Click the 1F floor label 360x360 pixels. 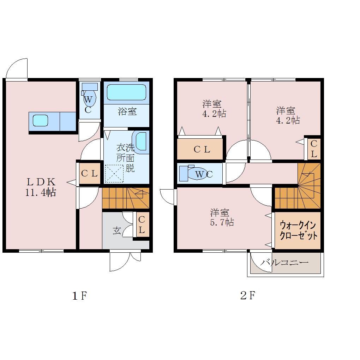pyautogui.click(x=79, y=296)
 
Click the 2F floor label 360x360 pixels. pyautogui.click(x=247, y=295)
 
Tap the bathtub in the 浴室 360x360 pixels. pyautogui.click(x=126, y=92)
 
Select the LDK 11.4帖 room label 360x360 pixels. pyautogui.click(x=41, y=187)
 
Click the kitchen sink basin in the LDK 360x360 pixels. pyautogui.click(x=40, y=121)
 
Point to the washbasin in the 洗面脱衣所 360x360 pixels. pyautogui.click(x=140, y=142)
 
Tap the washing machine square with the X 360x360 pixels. pyautogui.click(x=114, y=174)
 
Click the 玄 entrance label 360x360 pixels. pyautogui.click(x=117, y=231)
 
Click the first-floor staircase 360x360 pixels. pyautogui.click(x=126, y=198)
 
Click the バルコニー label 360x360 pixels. pyautogui.click(x=284, y=262)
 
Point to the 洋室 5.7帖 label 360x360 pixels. pyautogui.click(x=222, y=217)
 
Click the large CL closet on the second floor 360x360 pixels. pyautogui.click(x=200, y=149)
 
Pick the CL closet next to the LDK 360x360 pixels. pyautogui.click(x=90, y=173)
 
